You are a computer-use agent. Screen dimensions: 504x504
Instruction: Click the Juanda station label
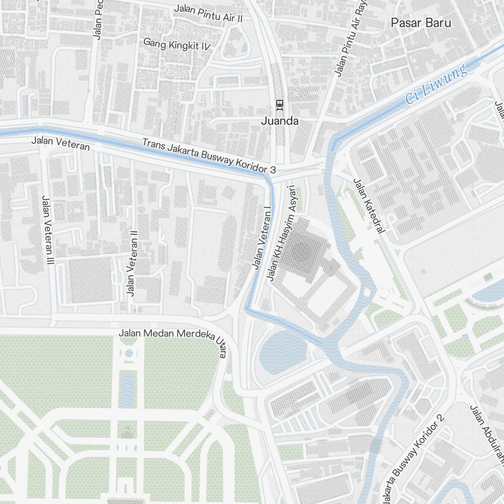click(280, 121)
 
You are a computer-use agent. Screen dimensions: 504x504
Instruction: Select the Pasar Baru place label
click(421, 23)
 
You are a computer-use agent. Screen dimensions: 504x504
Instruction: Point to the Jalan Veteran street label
click(60, 143)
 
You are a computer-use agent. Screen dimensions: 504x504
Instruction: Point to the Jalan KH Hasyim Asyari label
click(280, 232)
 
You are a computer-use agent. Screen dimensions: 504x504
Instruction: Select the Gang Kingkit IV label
click(177, 44)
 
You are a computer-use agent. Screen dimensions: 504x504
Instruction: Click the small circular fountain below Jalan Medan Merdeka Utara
click(129, 353)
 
